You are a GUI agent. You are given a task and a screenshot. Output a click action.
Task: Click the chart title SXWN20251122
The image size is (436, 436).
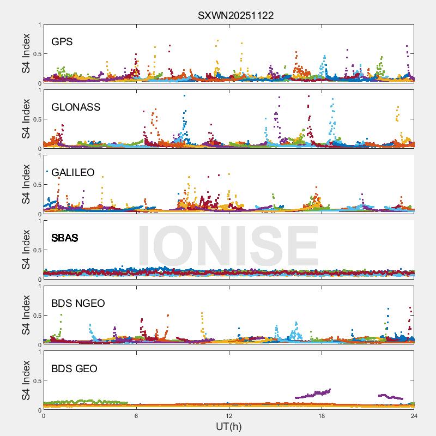click(235, 16)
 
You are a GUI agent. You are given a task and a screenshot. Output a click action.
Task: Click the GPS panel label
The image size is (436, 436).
click(62, 42)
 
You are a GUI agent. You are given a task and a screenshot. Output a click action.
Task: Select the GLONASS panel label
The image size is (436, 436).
click(76, 107)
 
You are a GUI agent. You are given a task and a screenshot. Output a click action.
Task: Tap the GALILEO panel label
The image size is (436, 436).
click(73, 173)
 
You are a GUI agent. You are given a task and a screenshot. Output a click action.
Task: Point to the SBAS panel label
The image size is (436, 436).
click(65, 238)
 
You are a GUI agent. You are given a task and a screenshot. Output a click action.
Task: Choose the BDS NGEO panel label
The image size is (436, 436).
click(78, 304)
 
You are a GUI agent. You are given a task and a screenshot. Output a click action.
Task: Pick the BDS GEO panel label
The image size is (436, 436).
click(74, 369)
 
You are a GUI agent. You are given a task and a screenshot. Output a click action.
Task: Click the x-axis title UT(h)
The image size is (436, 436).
click(229, 426)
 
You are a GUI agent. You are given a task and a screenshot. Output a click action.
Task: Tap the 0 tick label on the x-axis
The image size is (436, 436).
click(44, 416)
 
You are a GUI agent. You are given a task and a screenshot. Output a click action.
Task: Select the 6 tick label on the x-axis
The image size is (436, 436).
click(136, 416)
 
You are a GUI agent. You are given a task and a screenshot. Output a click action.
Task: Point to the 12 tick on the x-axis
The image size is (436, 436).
click(229, 416)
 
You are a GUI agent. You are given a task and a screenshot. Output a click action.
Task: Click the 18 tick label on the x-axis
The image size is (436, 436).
click(322, 416)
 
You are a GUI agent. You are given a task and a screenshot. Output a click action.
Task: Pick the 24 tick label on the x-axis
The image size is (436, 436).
click(414, 416)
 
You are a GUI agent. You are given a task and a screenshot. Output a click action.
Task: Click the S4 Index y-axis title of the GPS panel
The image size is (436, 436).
click(26, 53)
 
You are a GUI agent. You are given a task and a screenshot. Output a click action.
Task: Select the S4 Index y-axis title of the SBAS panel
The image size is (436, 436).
click(26, 250)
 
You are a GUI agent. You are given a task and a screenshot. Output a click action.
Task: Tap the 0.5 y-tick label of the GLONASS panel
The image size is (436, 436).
click(35, 119)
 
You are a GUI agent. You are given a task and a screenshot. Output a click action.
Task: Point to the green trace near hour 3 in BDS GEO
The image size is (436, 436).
click(90, 402)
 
